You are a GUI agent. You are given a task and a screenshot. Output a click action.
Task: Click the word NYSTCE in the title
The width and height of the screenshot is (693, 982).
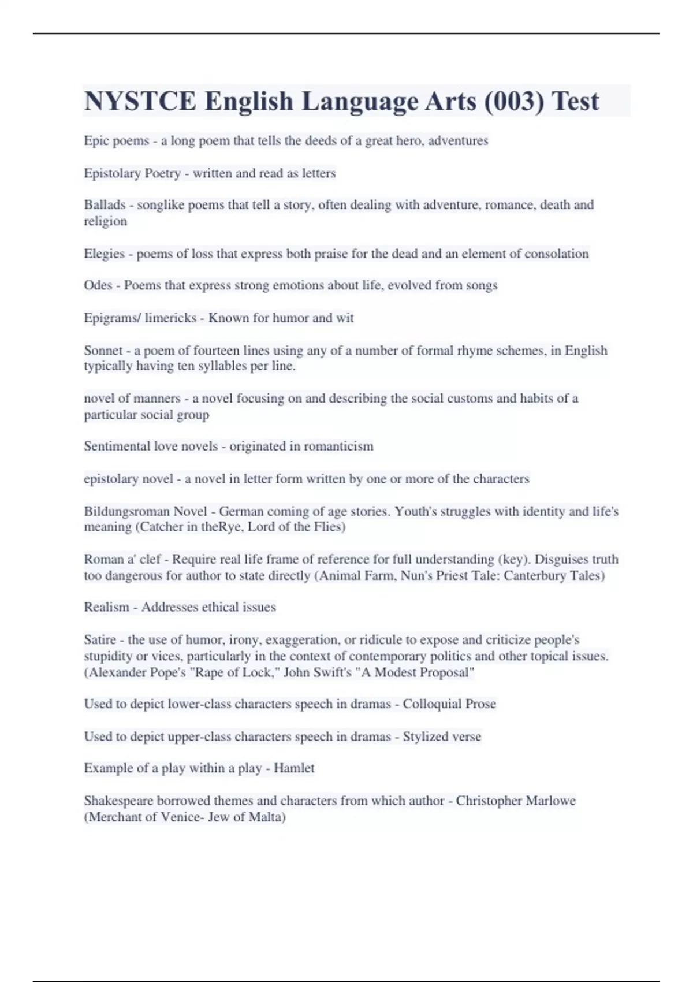[140, 101]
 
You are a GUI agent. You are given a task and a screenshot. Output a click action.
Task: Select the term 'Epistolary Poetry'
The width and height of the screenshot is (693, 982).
[132, 173]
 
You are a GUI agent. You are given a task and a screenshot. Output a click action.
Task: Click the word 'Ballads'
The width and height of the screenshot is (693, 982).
[105, 205]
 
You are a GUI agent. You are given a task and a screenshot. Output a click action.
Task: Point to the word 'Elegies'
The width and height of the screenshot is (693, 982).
[105, 254]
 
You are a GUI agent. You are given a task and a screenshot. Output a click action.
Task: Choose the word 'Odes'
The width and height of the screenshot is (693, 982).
[98, 285]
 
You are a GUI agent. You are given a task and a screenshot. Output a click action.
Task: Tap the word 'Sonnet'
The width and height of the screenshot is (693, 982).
[103, 351]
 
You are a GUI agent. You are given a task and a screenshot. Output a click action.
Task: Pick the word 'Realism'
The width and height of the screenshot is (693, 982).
[106, 607]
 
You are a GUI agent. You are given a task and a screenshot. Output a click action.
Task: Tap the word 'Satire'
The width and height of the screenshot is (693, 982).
[100, 640]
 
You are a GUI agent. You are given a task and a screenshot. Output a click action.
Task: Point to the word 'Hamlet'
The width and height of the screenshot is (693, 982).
[294, 768]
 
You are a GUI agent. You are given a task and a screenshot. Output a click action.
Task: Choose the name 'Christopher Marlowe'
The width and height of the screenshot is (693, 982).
[516, 801]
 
